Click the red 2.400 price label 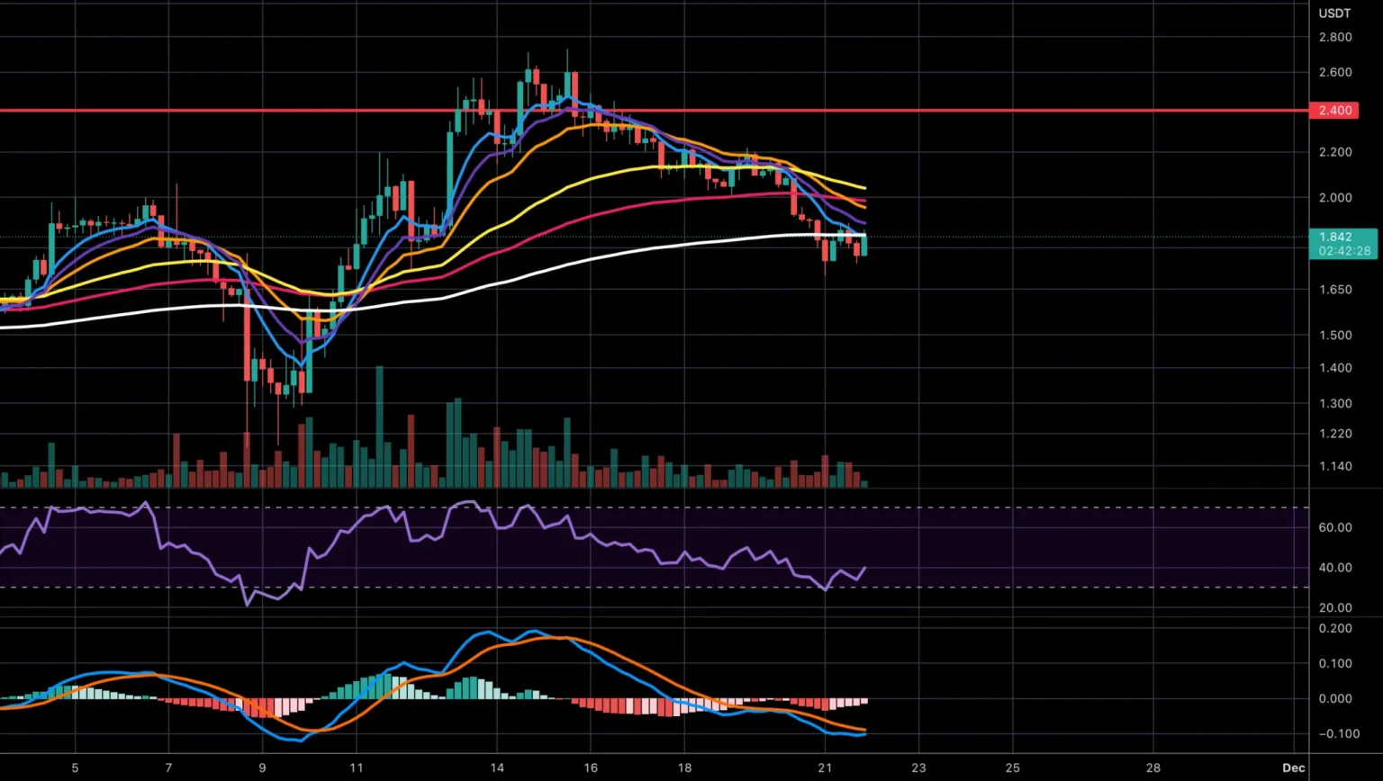pos(1335,111)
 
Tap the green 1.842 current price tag pos(1335,238)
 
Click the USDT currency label pos(1334,13)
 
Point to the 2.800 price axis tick pos(1334,38)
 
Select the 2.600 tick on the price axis pos(1334,72)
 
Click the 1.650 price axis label pos(1334,290)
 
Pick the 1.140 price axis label pos(1334,466)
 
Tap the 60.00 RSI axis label pos(1334,527)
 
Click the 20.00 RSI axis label pos(1334,607)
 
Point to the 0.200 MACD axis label pos(1334,628)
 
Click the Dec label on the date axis pos(1294,768)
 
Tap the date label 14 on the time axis pos(497,768)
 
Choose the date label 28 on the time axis pos(1153,768)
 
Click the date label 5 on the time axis pos(75,768)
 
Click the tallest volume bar pos(379,427)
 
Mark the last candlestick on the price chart pos(864,246)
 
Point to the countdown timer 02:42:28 pos(1344,251)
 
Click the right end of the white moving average pos(865,235)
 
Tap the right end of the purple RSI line pos(865,568)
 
